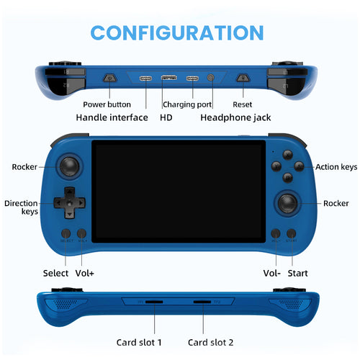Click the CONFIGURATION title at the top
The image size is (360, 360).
(x=177, y=32)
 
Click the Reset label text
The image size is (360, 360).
(x=242, y=104)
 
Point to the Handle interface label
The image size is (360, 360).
(x=112, y=117)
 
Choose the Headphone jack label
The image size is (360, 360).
(x=235, y=117)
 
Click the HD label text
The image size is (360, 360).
(x=166, y=117)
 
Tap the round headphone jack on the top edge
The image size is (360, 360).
(x=211, y=77)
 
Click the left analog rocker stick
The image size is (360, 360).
(x=69, y=166)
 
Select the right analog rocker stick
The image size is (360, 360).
(x=290, y=203)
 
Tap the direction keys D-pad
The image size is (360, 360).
(x=69, y=202)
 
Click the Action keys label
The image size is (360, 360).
(x=336, y=167)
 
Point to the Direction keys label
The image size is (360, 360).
(x=21, y=207)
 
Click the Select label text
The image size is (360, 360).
(x=55, y=273)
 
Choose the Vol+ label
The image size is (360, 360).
(x=85, y=273)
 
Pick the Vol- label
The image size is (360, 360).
(x=271, y=273)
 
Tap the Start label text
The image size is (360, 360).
(x=297, y=273)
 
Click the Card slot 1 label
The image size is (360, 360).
(x=139, y=342)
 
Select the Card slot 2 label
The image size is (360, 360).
(x=211, y=342)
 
